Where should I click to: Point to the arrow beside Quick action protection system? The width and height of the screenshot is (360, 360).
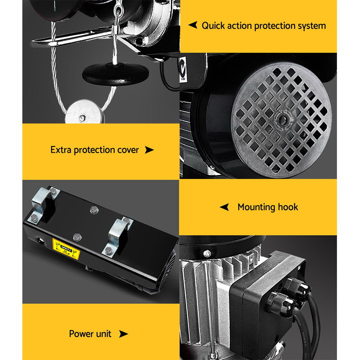point(193,25)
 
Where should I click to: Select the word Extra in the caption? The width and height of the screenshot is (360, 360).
point(61,150)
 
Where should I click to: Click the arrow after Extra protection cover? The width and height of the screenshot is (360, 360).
point(149,150)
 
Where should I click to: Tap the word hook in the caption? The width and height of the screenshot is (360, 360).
point(288,207)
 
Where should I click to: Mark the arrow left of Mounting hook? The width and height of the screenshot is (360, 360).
point(224,207)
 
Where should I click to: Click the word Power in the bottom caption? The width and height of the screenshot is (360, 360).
point(80,334)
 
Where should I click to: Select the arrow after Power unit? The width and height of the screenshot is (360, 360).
point(123,334)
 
